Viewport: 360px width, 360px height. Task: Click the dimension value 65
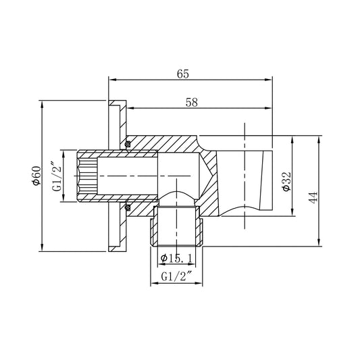[183, 74]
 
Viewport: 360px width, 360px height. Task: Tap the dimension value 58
[192, 103]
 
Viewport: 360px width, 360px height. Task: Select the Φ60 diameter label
[36, 176]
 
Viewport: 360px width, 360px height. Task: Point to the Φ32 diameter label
[287, 181]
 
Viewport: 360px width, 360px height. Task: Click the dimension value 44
[313, 197]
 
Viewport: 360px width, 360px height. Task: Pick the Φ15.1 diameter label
[176, 259]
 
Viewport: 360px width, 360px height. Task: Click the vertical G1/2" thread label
[57, 176]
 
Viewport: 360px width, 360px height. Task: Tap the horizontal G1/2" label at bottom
[176, 277]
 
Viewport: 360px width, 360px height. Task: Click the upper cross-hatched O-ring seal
[127, 144]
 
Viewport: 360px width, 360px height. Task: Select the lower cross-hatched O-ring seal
[127, 207]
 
